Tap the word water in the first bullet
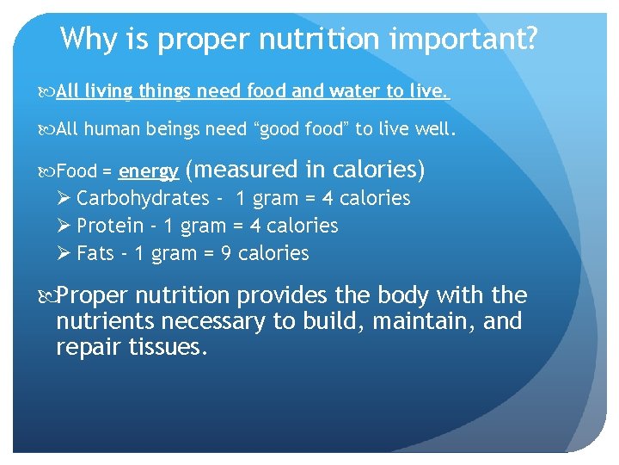click(x=355, y=90)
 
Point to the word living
click(x=107, y=90)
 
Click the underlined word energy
click(x=149, y=171)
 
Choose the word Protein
click(x=110, y=226)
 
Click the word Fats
click(x=95, y=253)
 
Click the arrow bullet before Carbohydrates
click(x=63, y=198)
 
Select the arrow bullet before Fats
click(x=63, y=253)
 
